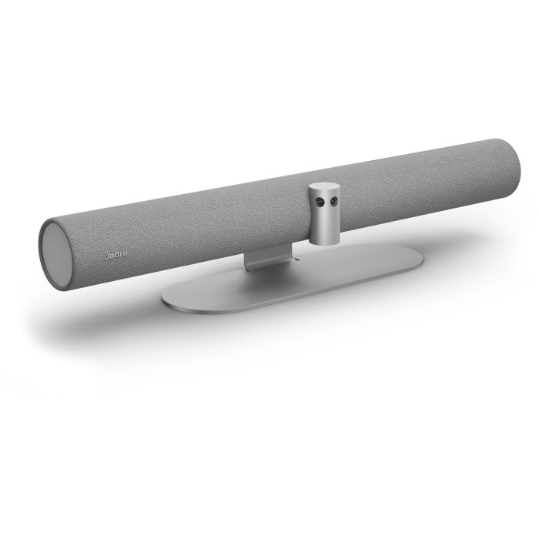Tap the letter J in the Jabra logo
(106, 253)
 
